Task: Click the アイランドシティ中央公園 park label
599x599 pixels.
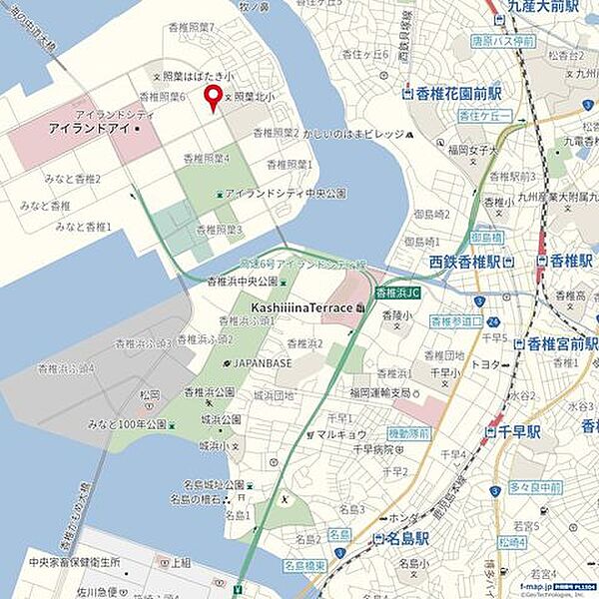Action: pyautogui.click(x=285, y=192)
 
